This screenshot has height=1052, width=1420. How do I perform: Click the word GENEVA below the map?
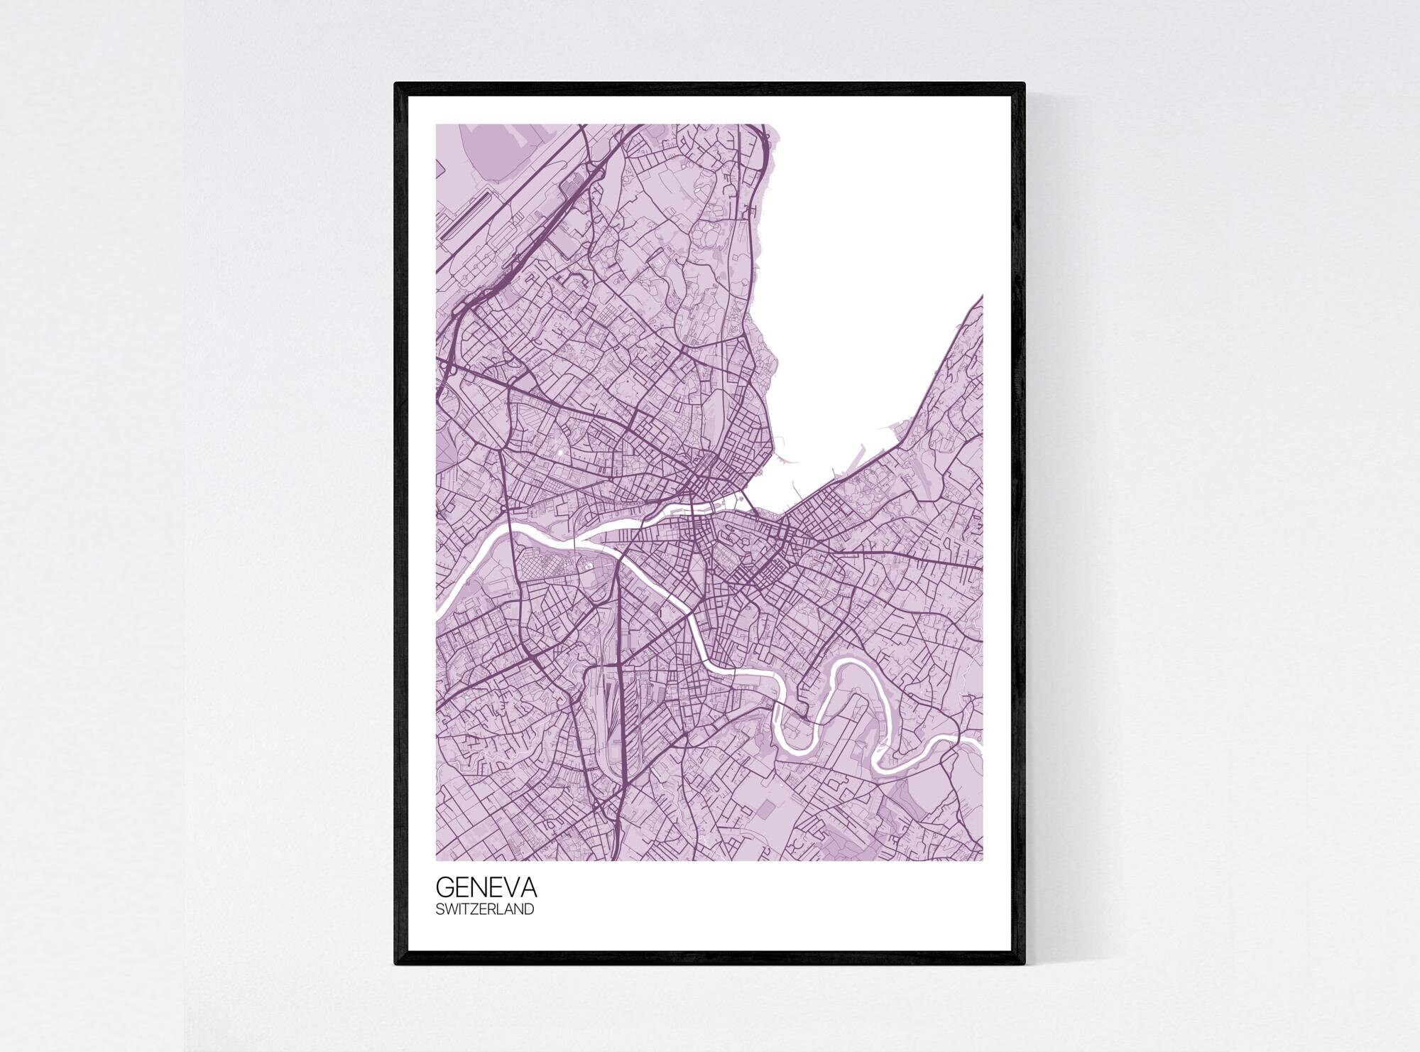point(486,888)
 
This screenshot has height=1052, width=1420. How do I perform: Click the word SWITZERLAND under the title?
point(485,909)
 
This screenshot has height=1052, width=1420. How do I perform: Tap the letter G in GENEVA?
point(445,888)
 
